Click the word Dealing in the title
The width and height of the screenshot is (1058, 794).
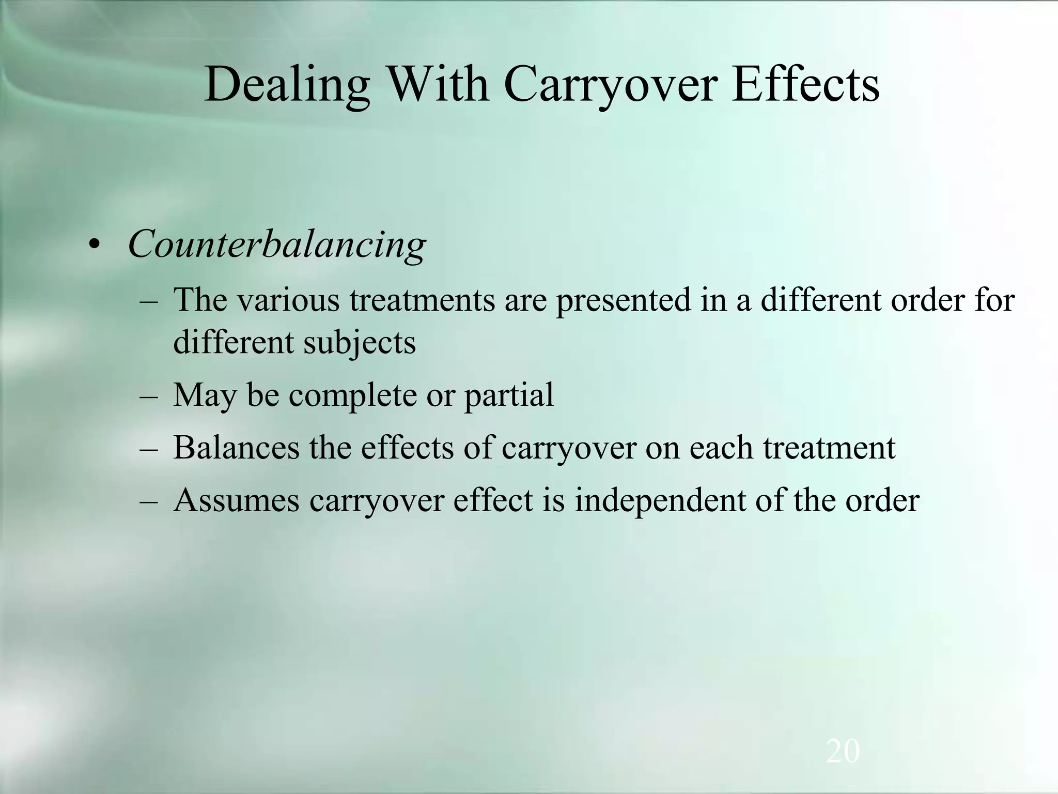(x=287, y=85)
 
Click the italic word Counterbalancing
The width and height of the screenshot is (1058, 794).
(x=277, y=244)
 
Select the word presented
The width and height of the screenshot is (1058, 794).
(x=623, y=301)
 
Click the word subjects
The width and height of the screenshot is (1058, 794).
(x=360, y=343)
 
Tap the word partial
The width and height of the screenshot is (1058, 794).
(x=509, y=396)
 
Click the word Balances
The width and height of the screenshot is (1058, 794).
(x=236, y=448)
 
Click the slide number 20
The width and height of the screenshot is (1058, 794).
(x=843, y=752)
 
